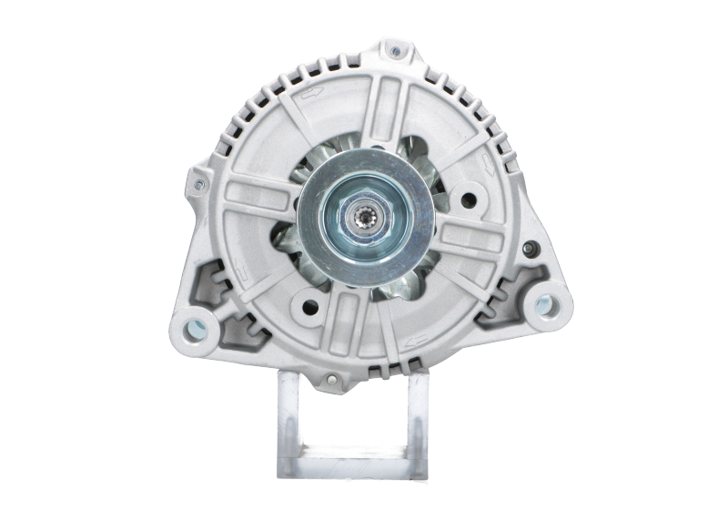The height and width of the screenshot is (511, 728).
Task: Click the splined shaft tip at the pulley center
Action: (369, 222)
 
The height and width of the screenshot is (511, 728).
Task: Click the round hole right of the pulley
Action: (470, 193)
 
